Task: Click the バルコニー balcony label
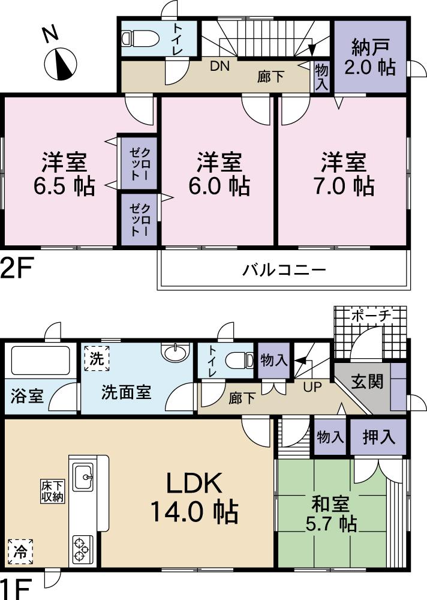(x=284, y=269)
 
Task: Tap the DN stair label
(x=219, y=67)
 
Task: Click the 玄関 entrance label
(x=367, y=382)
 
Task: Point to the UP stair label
(x=312, y=387)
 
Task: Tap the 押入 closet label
(x=379, y=436)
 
